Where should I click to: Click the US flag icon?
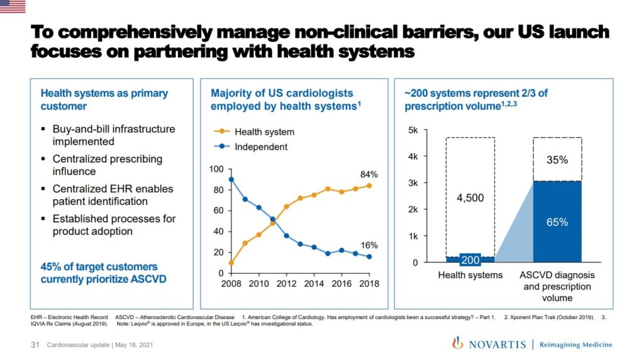tap(13, 6)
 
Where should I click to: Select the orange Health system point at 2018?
tap(369, 186)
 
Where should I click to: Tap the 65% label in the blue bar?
tap(557, 222)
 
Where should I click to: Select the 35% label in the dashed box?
tap(557, 160)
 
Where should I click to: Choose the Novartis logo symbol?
tap(457, 344)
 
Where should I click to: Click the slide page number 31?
tap(36, 345)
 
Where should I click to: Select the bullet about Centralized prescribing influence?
tap(107, 165)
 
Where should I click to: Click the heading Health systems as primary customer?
tap(104, 99)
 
